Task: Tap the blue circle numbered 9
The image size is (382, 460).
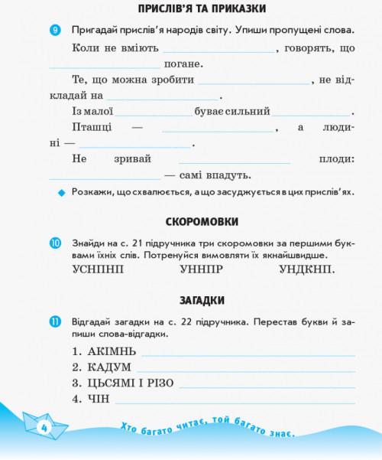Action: point(54,31)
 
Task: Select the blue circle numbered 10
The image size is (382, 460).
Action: point(54,243)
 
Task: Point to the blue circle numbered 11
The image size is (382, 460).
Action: point(54,321)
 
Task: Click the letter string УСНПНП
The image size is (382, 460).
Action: point(97,269)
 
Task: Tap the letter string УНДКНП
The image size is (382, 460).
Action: point(306,269)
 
